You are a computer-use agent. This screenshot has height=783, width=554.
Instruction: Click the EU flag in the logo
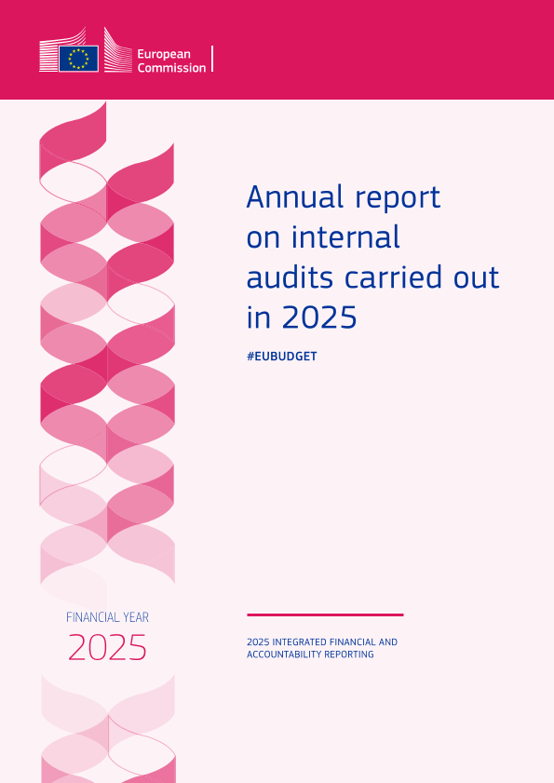point(78,59)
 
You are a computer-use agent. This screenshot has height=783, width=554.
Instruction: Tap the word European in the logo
point(164,54)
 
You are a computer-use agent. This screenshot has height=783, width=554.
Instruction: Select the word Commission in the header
point(171,68)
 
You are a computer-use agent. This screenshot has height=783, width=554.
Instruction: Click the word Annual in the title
point(295,196)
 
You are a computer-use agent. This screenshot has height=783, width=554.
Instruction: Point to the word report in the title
point(398,198)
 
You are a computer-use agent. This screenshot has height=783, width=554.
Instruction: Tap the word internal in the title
point(345,236)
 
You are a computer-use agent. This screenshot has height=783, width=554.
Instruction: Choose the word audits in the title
point(290,277)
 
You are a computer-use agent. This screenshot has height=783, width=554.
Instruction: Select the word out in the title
point(477,278)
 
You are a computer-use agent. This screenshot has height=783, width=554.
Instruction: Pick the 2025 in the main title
point(319,317)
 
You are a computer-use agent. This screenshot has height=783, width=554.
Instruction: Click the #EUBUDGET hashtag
point(282,356)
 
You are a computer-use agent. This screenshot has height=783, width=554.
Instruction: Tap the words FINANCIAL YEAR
point(107,617)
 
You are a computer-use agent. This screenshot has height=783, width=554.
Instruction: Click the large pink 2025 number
point(107,648)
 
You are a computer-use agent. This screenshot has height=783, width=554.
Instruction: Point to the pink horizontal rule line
point(325,614)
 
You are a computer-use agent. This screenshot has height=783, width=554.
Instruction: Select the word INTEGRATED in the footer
point(304,641)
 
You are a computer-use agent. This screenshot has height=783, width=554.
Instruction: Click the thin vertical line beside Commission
point(213,59)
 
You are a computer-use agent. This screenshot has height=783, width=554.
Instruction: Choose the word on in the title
point(263,239)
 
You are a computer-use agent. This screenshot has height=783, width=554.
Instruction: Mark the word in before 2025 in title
point(258,317)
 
